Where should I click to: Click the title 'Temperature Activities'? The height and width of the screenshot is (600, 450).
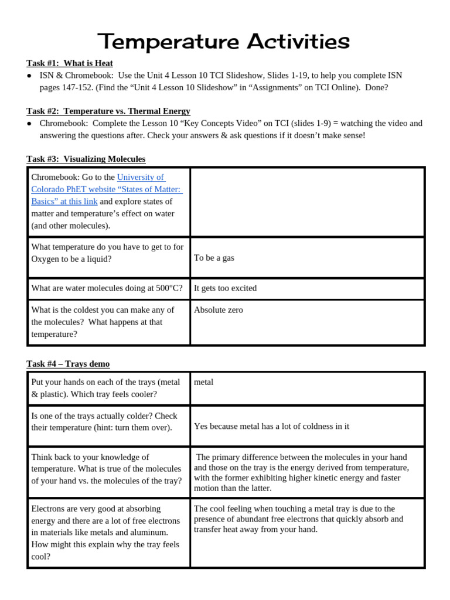224,42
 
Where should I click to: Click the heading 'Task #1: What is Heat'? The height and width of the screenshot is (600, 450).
70,63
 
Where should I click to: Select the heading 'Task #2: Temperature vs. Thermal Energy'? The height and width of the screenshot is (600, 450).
108,111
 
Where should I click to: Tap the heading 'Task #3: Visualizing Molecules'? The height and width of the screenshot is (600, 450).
86,159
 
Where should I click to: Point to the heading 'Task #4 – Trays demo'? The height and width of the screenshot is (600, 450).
68,364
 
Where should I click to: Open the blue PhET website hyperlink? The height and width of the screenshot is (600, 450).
107,189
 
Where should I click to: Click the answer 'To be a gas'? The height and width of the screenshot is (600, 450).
214,258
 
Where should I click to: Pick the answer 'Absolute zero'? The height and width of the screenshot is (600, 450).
218,310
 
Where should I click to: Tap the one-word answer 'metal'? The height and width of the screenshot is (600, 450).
203,382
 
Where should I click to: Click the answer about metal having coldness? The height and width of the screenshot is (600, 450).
271,427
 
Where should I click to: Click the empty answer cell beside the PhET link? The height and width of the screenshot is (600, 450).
307,202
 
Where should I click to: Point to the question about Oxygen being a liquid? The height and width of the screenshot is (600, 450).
107,253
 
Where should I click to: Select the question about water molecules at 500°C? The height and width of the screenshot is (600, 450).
107,288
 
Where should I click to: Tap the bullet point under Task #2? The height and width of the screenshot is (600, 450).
29,124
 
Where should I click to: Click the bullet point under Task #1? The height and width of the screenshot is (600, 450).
29,76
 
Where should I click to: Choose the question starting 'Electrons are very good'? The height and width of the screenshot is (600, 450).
105,533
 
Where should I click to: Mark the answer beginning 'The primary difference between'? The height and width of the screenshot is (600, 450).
301,472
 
